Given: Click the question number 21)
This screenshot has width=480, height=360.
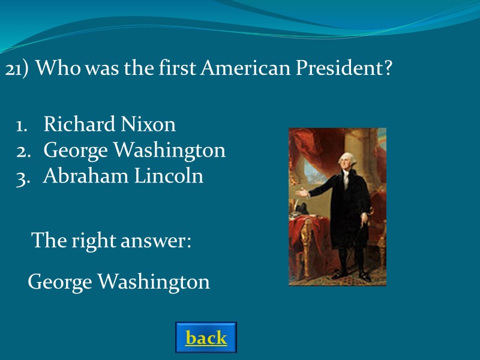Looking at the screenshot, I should click(17, 70).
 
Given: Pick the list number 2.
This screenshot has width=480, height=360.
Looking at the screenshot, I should click(23, 151).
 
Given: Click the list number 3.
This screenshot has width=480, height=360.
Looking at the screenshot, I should click(23, 177).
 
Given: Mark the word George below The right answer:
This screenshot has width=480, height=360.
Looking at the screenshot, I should click(58, 282).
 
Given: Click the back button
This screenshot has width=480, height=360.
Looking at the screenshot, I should click(206, 338).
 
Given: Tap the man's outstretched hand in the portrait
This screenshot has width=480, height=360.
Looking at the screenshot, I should click(304, 194).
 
